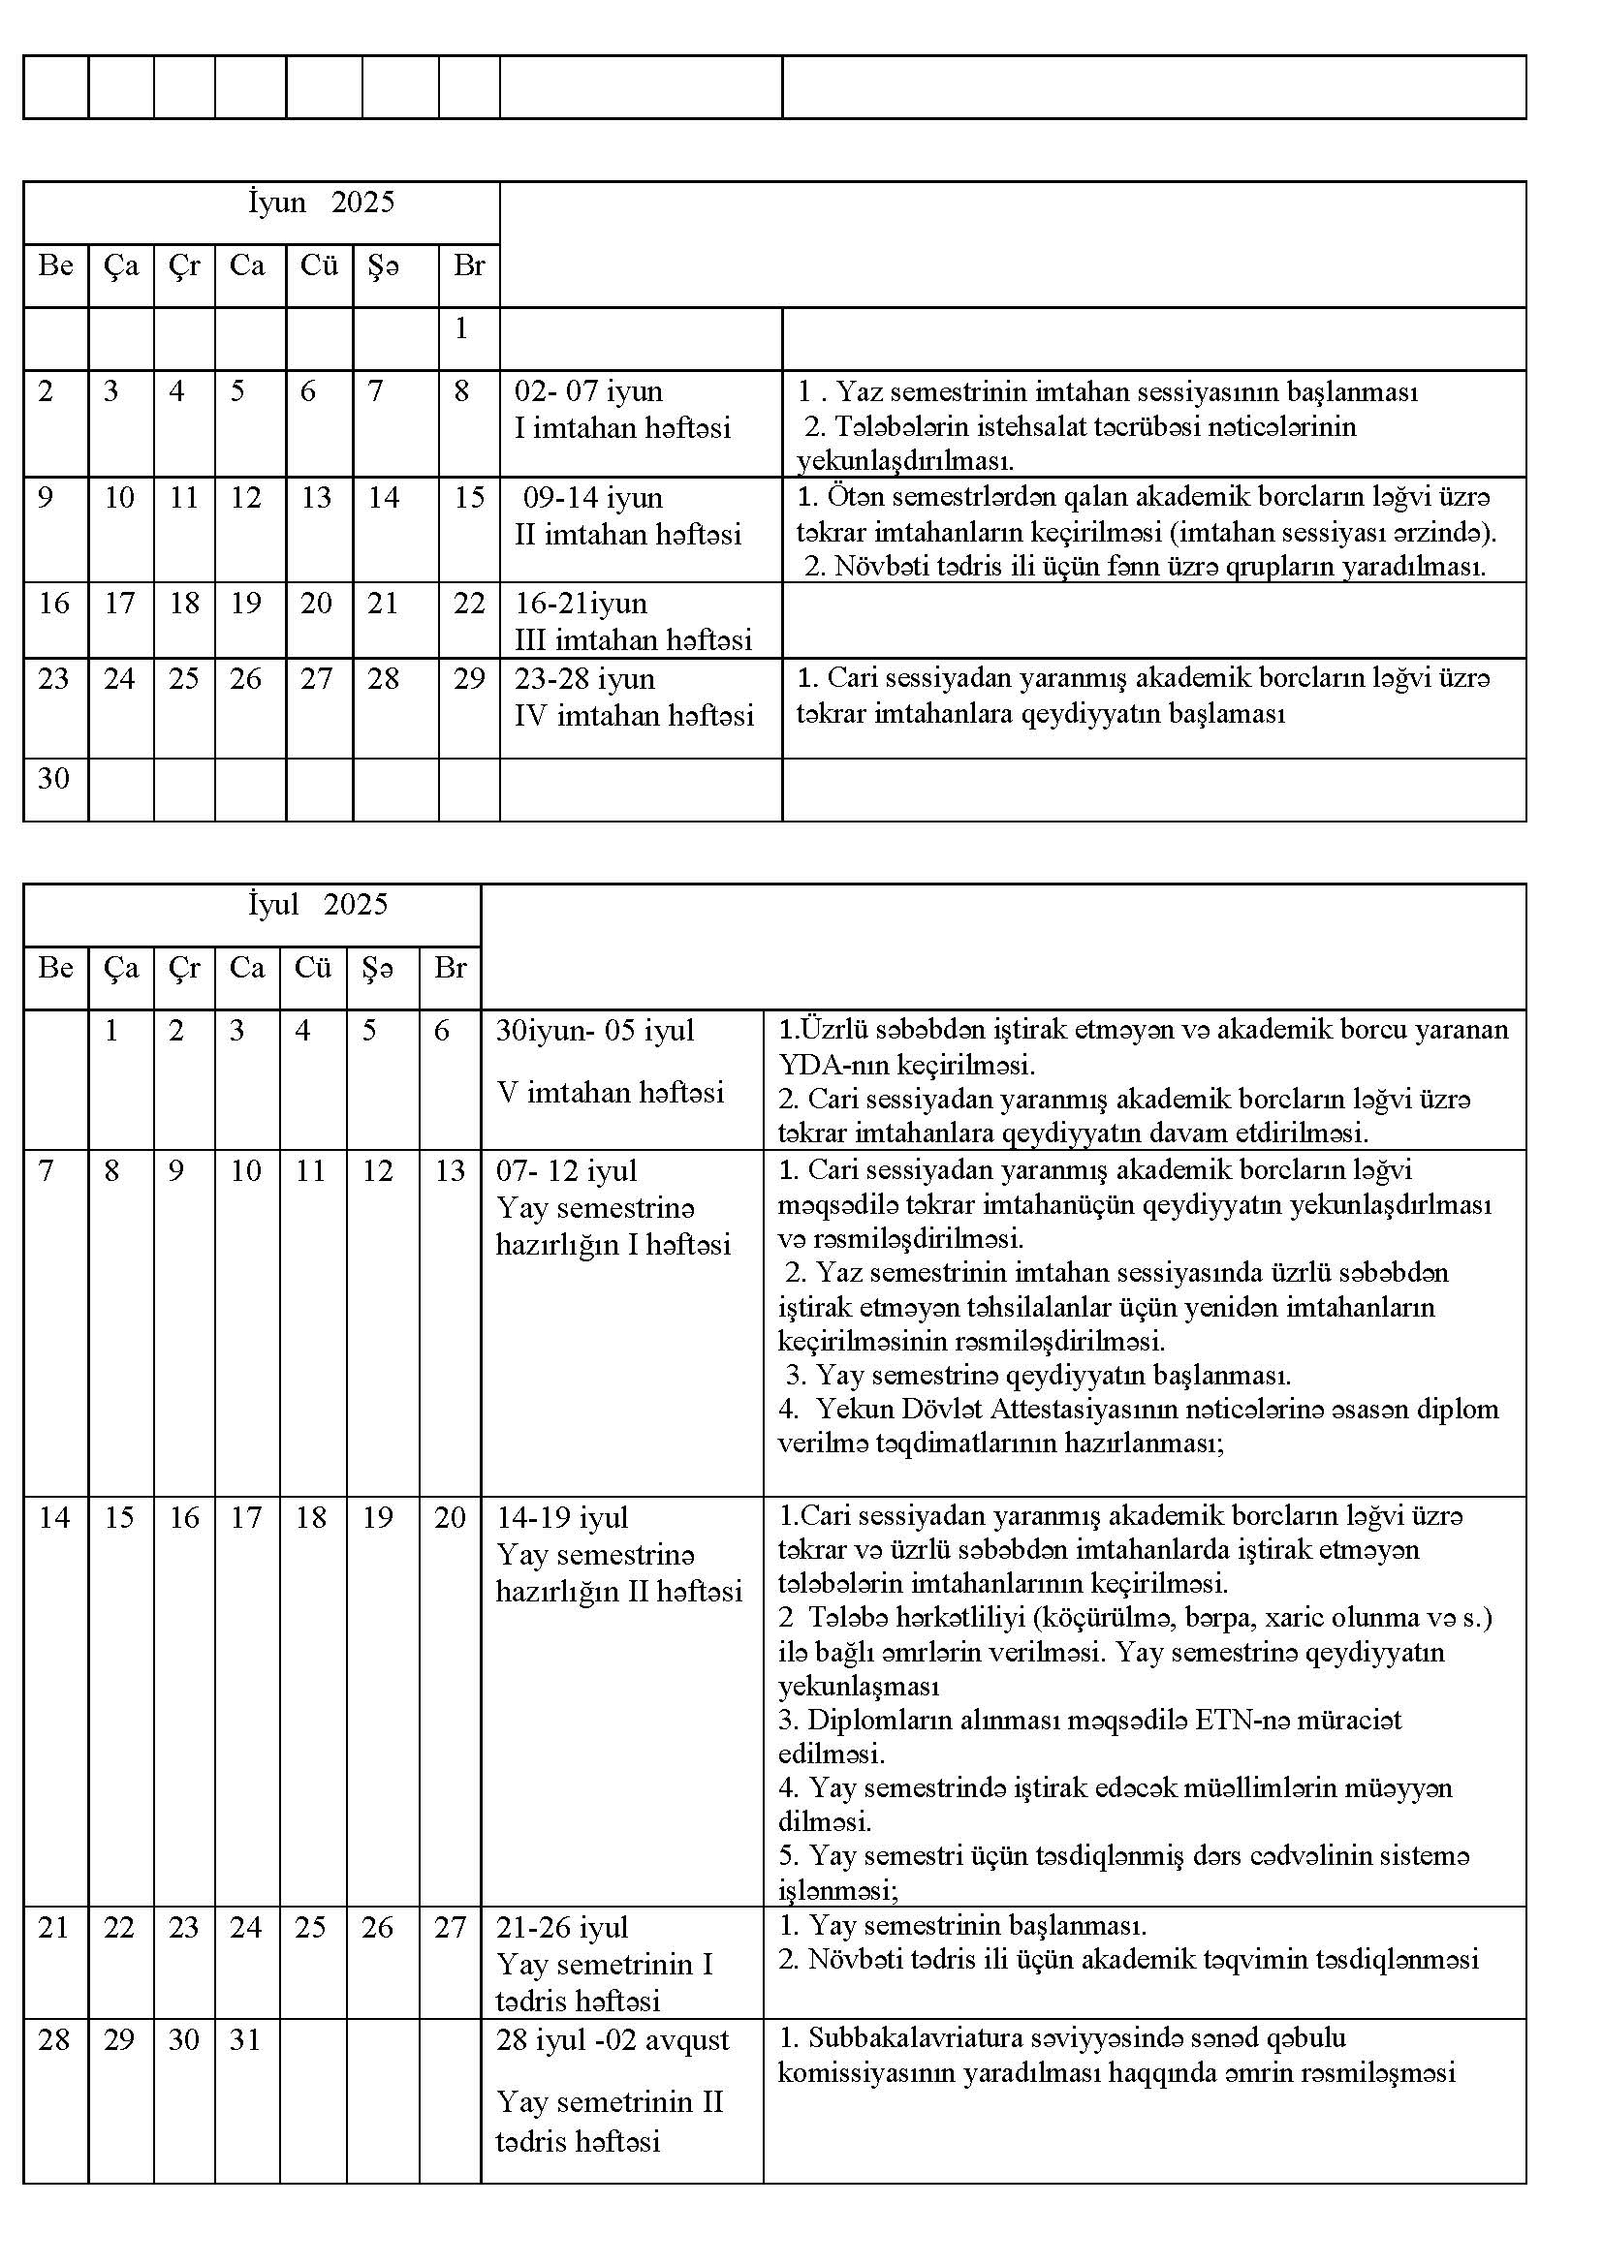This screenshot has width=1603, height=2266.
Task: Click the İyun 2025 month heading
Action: [x=320, y=202]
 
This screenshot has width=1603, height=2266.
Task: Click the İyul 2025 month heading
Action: [x=318, y=904]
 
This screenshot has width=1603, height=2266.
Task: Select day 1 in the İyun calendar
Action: [x=461, y=328]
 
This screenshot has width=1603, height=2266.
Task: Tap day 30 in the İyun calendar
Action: [x=53, y=779]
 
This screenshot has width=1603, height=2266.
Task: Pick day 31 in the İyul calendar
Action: [x=245, y=2039]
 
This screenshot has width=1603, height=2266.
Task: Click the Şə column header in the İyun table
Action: [x=383, y=265]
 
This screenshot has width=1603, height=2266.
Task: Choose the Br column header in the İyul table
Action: [x=449, y=967]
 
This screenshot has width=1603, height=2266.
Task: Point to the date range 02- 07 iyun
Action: [x=588, y=391]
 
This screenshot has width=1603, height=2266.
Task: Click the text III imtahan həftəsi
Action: [x=633, y=640]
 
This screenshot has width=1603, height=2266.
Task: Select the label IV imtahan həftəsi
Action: [x=634, y=715]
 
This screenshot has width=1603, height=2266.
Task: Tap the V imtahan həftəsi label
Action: [x=610, y=1092]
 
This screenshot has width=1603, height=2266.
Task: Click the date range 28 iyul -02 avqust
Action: [x=612, y=2040]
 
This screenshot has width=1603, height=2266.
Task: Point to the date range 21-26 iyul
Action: [x=562, y=1928]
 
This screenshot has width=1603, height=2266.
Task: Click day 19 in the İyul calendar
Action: [x=377, y=1518]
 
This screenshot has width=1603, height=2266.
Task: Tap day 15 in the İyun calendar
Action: [x=469, y=497]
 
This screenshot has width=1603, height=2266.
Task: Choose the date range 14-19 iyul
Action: [x=562, y=1518]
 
